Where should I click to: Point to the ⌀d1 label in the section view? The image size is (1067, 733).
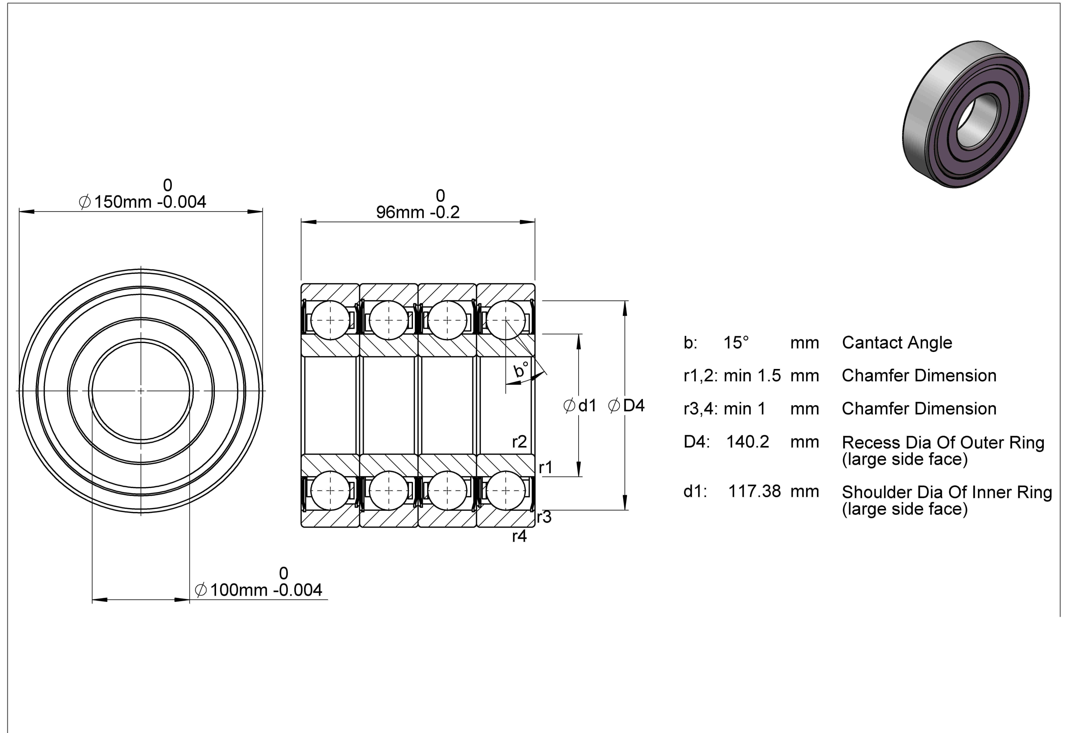[580, 405]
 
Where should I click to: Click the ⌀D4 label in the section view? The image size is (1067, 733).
[626, 405]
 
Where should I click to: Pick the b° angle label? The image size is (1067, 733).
[521, 369]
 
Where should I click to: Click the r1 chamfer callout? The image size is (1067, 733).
[546, 468]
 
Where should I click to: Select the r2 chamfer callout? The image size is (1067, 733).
[520, 442]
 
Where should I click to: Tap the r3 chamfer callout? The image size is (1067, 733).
[544, 517]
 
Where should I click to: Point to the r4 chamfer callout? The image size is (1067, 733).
[520, 536]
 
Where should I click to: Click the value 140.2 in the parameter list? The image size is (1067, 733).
[747, 442]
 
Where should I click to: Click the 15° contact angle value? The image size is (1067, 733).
[736, 343]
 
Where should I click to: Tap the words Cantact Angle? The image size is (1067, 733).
[897, 343]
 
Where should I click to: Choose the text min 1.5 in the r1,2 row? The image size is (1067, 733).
[752, 376]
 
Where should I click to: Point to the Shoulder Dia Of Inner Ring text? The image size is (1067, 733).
[947, 492]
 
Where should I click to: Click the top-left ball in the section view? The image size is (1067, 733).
[330, 320]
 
